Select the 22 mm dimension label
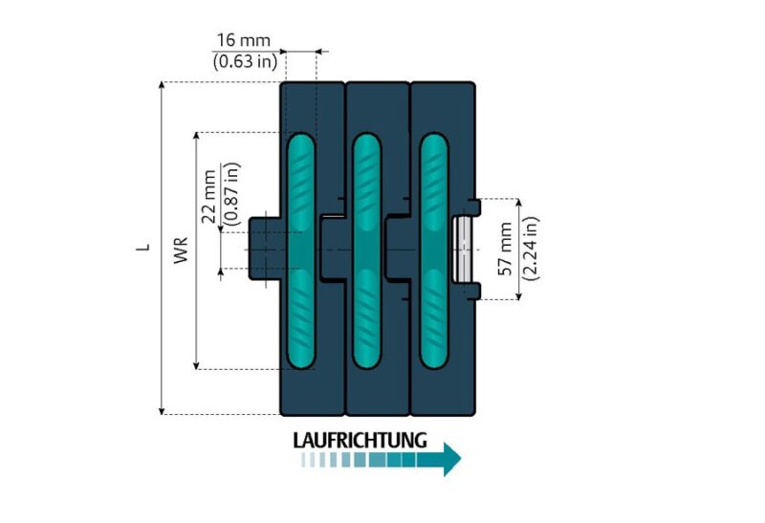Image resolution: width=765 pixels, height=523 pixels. [x=209, y=200]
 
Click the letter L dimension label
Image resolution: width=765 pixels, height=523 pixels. [x=142, y=247]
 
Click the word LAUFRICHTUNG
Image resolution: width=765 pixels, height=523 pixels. [x=359, y=441]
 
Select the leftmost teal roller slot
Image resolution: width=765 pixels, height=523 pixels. [x=300, y=251]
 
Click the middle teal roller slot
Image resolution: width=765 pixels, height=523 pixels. [x=365, y=251]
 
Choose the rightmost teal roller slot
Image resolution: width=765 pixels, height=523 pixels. [x=431, y=251]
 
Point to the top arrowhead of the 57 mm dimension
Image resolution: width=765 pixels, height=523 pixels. [x=518, y=204]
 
